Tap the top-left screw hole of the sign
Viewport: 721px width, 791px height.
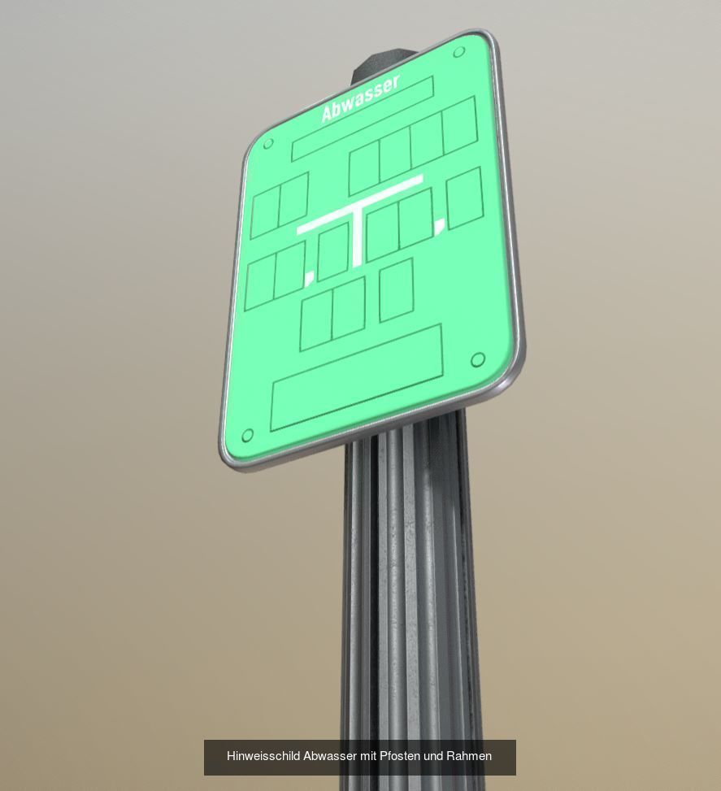(269, 145)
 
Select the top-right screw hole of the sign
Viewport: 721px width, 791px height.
(458, 53)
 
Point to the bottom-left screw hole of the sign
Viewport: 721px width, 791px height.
(248, 436)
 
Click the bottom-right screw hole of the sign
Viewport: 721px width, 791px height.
(478, 359)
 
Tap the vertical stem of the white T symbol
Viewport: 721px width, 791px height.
(357, 236)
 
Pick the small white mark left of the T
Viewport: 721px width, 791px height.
(309, 280)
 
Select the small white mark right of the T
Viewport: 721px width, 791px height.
(440, 225)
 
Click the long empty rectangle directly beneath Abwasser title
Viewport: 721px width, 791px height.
(362, 119)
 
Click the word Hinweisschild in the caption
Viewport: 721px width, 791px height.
(263, 756)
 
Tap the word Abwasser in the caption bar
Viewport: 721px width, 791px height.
(330, 756)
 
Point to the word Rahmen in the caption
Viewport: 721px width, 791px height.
(469, 756)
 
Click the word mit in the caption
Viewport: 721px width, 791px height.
(368, 756)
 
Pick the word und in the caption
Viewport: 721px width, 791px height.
(434, 756)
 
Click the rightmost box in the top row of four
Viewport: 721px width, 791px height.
(459, 124)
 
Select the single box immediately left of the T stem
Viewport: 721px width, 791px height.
(332, 253)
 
